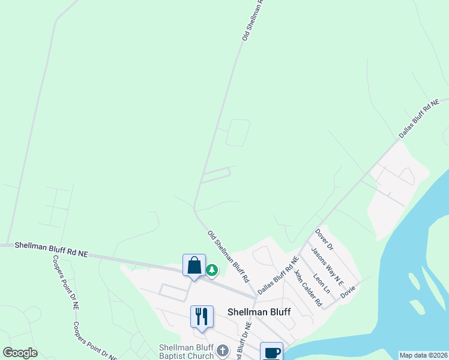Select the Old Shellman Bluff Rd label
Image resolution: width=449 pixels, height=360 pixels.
pyautogui.click(x=228, y=256)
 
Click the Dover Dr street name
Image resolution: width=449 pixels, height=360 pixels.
pyautogui.click(x=324, y=238)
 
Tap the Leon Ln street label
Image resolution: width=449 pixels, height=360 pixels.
pyautogui.click(x=322, y=281)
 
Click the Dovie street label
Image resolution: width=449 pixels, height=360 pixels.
pyautogui.click(x=348, y=292)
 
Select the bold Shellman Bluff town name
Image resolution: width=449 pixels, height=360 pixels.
pyautogui.click(x=259, y=312)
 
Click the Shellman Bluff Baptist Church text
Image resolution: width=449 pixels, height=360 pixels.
pyautogui.click(x=186, y=352)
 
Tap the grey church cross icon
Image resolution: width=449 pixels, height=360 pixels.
pyautogui.click(x=223, y=350)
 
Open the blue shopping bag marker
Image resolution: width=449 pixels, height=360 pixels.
pyautogui.click(x=194, y=266)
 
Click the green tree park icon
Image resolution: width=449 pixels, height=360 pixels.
pyautogui.click(x=212, y=271)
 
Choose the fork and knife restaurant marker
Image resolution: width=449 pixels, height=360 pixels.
pyautogui.click(x=201, y=317)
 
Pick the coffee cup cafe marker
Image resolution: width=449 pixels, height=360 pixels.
pyautogui.click(x=271, y=351)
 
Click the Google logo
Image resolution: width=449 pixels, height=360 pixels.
pyautogui.click(x=20, y=353)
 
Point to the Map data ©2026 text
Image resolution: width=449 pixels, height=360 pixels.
pyautogui.click(x=423, y=355)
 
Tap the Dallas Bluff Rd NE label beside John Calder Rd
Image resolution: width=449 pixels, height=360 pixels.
pyautogui.click(x=278, y=276)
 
